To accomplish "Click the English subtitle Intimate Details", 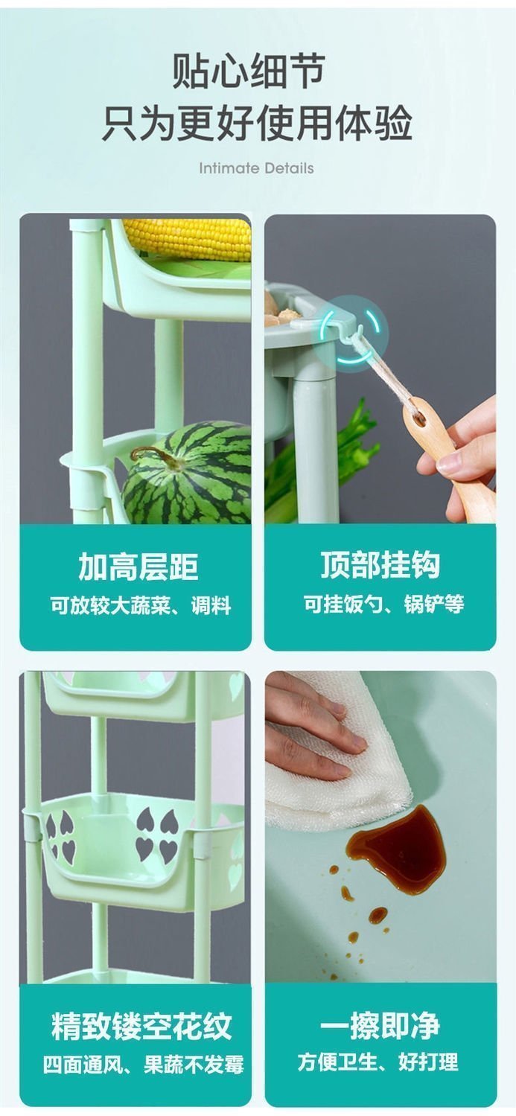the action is click(x=256, y=168).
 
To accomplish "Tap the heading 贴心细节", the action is click(x=249, y=71).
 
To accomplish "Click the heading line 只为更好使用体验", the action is click(x=257, y=123).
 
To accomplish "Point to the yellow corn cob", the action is click(x=187, y=239).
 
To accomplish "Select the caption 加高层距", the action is click(x=138, y=567).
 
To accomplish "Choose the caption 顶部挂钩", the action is click(x=380, y=565).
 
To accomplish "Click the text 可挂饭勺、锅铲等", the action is click(x=384, y=605).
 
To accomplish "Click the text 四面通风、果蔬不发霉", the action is click(x=144, y=1064).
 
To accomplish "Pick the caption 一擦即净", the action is click(x=380, y=1025).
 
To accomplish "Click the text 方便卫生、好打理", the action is click(x=378, y=1062).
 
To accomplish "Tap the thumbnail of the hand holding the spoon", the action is click(x=380, y=369).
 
